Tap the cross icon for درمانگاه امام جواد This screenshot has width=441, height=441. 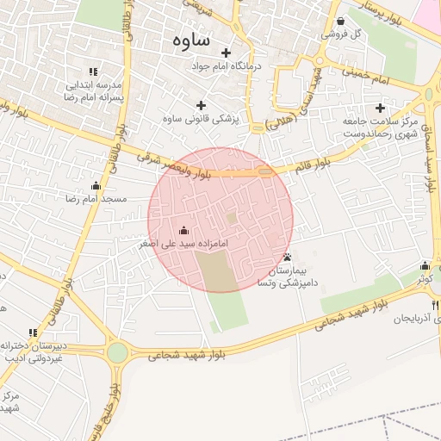coord(227,53)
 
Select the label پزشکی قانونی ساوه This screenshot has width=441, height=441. coord(201,118)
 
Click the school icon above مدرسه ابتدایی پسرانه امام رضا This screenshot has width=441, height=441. coord(93,71)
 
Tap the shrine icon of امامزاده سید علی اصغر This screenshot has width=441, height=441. coord(183,230)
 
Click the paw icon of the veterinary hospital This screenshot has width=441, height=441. coord(287,257)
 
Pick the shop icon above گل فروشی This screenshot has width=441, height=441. coord(341,22)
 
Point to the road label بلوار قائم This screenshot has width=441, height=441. coord(312,164)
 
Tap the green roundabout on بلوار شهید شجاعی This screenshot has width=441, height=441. coord(117,352)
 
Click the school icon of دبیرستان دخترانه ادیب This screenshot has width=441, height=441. coord(33,332)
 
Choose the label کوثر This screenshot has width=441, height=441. coord(425,279)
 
